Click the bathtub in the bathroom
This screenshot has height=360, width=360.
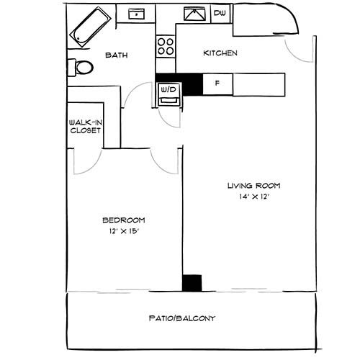tap(91, 27)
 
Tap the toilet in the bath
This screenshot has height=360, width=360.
tap(81, 68)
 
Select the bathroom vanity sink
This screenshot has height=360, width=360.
tap(134, 14)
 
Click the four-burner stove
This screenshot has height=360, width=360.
tap(166, 46)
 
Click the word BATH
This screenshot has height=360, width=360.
tap(117, 55)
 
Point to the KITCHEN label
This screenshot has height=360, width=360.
tap(220, 53)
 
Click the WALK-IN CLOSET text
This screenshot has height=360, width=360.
tap(84, 127)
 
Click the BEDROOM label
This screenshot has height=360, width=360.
tap(124, 220)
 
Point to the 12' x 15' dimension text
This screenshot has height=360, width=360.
tap(124, 231)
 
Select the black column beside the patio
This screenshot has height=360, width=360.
tap(192, 282)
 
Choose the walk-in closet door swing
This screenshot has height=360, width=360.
tap(88, 161)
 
